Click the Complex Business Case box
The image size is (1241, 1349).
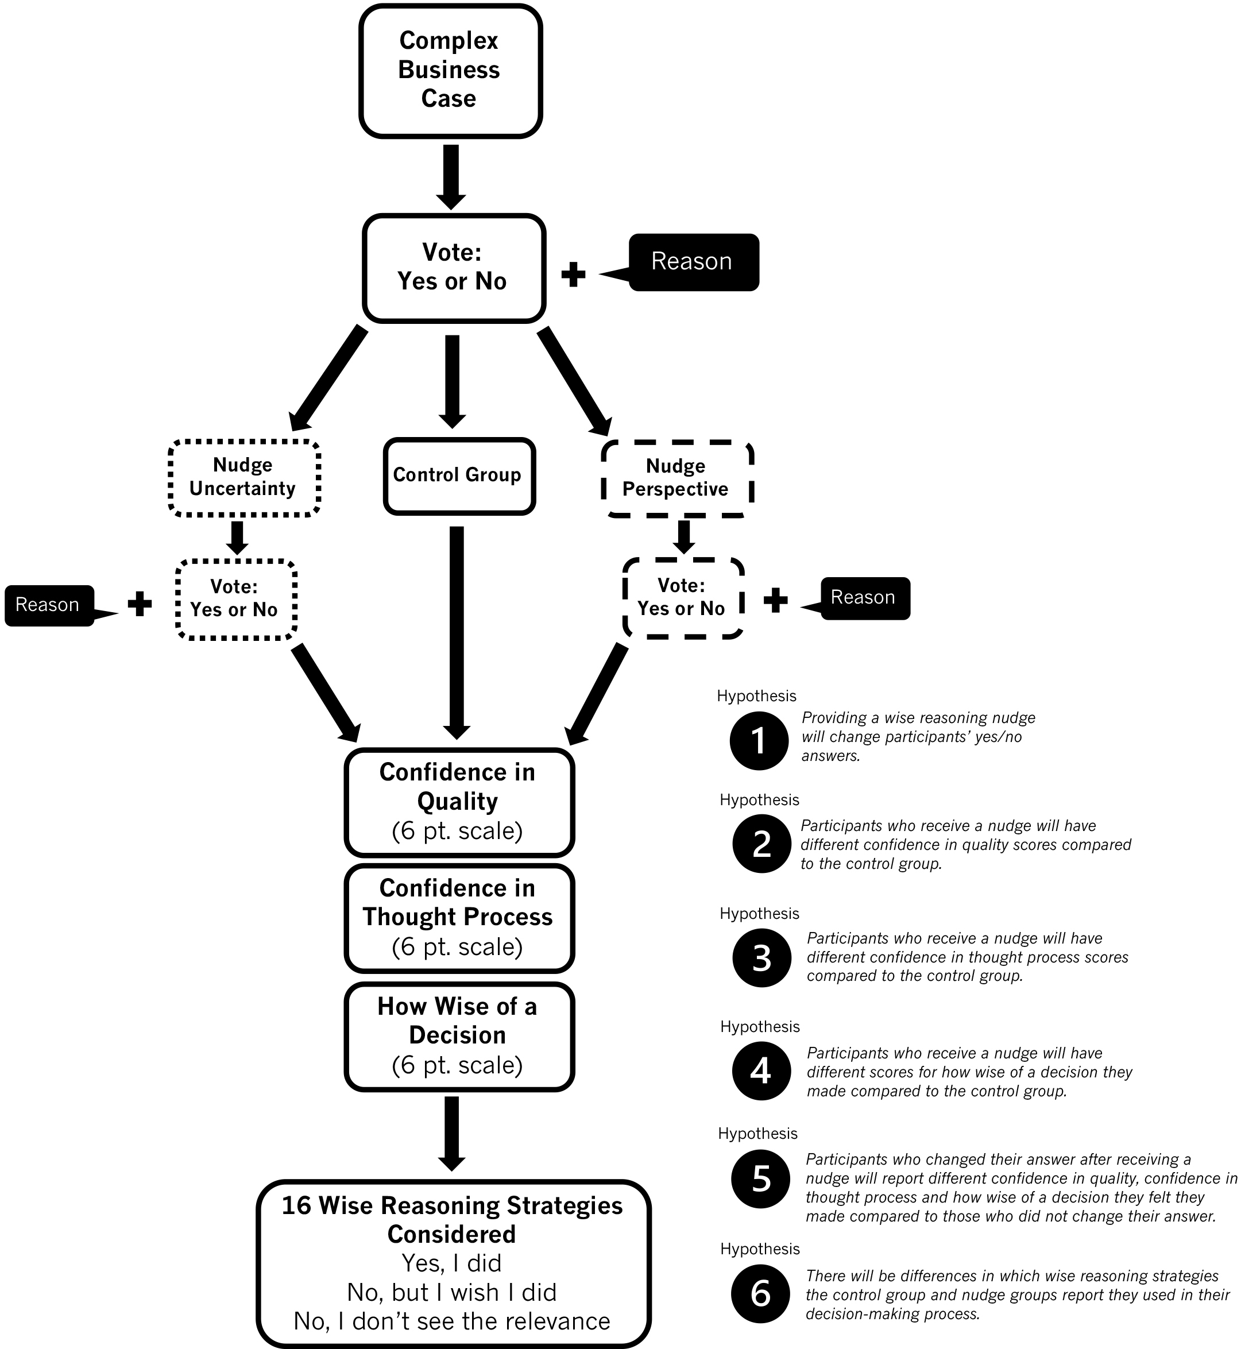coord(450,71)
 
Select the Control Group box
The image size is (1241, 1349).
coord(459,476)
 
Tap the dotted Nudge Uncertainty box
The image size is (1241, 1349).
coord(243,477)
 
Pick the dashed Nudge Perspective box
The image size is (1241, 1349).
coord(676,478)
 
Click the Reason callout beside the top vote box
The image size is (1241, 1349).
coord(693,262)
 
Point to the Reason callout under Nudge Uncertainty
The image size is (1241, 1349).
coord(48,605)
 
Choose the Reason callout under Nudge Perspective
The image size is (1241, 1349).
coord(864,598)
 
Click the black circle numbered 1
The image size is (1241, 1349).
coord(759,740)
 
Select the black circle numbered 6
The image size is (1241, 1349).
coord(761,1293)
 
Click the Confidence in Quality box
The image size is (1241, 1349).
coord(459,802)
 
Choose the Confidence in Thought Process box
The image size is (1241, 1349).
coord(459,917)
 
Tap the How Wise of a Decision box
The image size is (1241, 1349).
coord(459,1035)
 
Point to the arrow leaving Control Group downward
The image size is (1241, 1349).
coord(457,631)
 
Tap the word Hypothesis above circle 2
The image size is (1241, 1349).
coord(759,800)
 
